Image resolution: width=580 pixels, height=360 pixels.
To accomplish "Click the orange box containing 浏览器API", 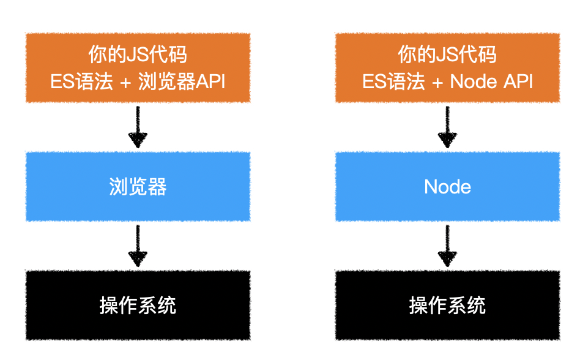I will pos(138,67).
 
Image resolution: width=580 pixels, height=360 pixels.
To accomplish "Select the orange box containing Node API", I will pos(447,67).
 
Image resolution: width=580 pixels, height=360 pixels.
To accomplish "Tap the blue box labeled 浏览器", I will pos(138,186).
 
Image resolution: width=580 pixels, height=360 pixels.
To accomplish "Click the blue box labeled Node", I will pos(447,186).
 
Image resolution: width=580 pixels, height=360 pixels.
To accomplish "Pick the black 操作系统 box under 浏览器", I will pos(138,304).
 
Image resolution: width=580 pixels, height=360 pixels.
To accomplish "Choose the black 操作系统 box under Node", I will pos(447,304).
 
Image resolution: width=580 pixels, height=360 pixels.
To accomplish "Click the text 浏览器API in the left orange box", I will pos(182,81).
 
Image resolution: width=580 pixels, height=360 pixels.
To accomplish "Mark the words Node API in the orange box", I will pos(491,81).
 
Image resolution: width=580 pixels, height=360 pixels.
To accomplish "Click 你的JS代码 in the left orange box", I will pos(138,55).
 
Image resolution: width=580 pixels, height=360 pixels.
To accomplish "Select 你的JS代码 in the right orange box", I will pos(447,55).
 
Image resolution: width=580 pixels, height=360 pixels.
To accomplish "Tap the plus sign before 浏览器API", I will pos(126,82).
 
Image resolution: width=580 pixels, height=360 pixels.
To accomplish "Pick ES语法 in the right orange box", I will pos(393,81).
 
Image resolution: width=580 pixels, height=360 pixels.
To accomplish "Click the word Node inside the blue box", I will pos(447,187).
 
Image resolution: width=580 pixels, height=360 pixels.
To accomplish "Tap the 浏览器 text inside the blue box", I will pos(138,187).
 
